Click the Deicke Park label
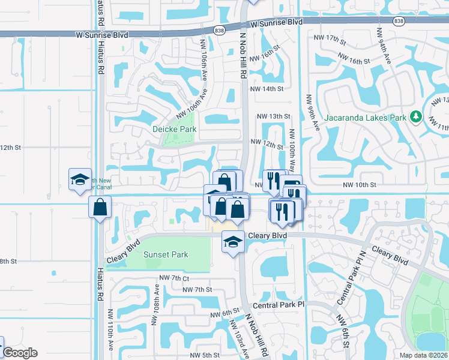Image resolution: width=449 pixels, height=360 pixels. [x=175, y=129]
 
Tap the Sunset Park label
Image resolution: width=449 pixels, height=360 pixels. [x=166, y=254]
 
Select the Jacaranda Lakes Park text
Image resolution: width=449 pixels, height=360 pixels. [x=366, y=117]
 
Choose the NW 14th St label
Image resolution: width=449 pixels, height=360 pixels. [x=266, y=89]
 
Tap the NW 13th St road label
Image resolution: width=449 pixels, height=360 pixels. [x=273, y=116]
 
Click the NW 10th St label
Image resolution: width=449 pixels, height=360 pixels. [x=360, y=185]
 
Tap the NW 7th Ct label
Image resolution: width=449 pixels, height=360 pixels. [x=174, y=278]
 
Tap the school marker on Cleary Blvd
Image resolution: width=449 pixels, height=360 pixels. [x=234, y=242]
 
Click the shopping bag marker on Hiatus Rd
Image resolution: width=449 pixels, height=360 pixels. [x=100, y=207]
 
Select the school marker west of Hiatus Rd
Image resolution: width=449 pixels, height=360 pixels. [x=80, y=179]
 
